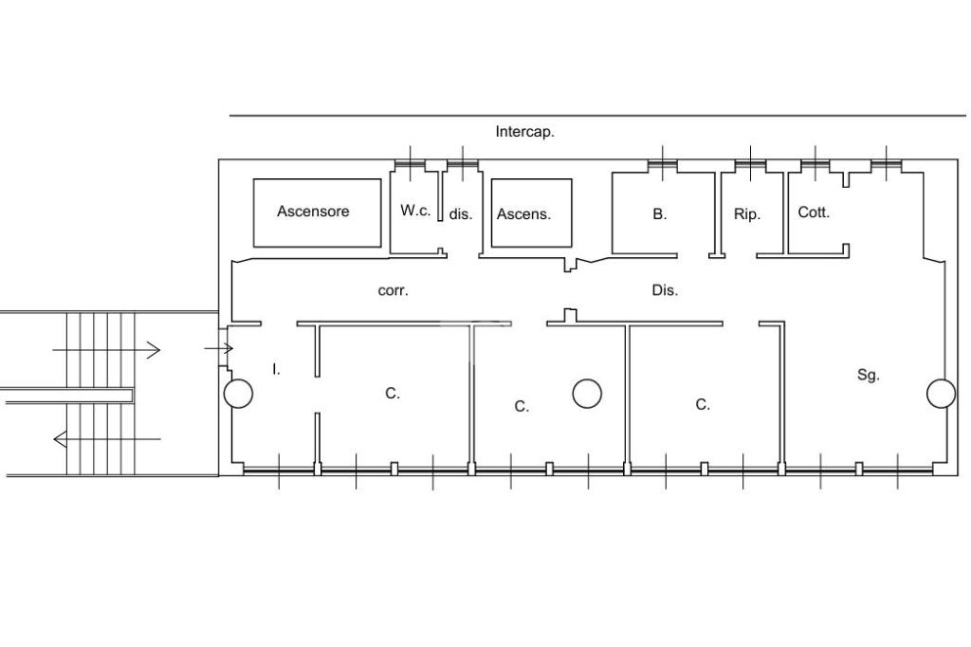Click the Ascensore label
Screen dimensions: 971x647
pos(313,212)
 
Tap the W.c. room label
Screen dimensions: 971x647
pos(415,210)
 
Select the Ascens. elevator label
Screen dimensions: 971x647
pos(523,214)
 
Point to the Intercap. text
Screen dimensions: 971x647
pos(524,132)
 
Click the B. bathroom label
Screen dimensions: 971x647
pos(660,214)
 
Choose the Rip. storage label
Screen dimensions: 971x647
pos(747,214)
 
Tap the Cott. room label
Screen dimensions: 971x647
pos(814,213)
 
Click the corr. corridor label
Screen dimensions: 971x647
pos(394,290)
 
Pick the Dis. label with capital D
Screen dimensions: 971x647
pos(665,290)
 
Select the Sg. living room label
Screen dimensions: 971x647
pos(869,375)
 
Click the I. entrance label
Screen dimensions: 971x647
pos(276,370)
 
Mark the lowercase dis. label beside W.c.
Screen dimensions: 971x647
pos(461,214)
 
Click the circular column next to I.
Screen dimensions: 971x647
pos(238,394)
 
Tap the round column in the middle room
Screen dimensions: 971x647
pos(587,394)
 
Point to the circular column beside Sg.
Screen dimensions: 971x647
pos(942,394)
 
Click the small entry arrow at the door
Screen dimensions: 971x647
pos(219,349)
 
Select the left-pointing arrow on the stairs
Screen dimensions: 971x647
pos(107,439)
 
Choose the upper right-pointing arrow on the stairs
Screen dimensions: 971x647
pos(106,350)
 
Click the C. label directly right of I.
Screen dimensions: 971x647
pos(393,394)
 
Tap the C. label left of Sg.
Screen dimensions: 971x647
pos(703,405)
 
